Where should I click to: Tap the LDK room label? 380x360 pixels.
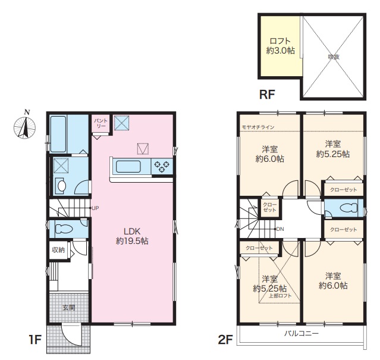point(132,231)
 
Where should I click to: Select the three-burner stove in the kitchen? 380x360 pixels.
point(162,167)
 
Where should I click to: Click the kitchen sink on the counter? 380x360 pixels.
point(128,167)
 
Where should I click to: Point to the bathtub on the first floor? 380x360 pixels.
point(58,133)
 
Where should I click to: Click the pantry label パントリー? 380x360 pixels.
point(101,123)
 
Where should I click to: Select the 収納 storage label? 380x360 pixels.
point(58,250)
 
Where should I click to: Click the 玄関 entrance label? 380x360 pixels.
point(69,308)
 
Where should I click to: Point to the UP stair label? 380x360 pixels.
point(95,208)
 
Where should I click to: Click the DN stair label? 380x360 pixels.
point(280,229)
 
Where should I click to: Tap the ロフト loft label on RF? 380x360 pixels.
point(280,40)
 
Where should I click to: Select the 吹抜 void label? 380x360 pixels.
point(334,57)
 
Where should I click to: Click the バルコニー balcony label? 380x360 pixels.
point(302,334)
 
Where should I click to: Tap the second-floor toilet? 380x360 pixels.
point(348,208)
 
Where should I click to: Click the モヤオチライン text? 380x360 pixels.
point(258,127)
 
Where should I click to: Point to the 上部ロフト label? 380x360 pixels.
point(280,296)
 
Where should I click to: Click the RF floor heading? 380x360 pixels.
point(267,94)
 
